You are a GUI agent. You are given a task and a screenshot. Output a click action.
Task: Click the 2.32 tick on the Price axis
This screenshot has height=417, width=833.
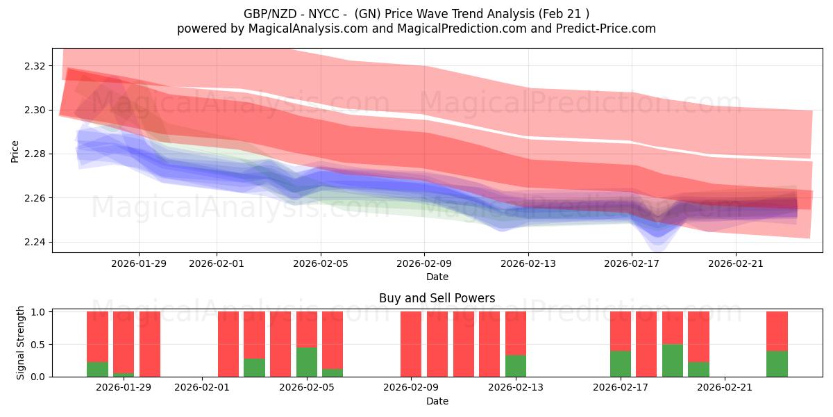[x=35, y=66]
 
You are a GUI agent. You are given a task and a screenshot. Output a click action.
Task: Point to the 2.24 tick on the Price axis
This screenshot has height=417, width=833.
[x=35, y=243]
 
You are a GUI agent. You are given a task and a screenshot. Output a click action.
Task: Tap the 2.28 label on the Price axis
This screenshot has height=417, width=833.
[x=35, y=154]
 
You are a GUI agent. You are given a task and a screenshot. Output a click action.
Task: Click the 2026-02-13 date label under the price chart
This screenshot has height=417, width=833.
[x=528, y=263]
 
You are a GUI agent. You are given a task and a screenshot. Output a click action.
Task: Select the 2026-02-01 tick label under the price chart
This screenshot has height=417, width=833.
[x=217, y=263]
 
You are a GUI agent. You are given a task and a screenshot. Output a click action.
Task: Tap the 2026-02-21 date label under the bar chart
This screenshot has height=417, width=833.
[x=725, y=388]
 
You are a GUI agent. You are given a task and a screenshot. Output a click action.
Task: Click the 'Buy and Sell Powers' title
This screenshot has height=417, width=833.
[x=437, y=298]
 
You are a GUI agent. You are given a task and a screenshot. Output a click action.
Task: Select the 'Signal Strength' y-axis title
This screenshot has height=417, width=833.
[x=21, y=343]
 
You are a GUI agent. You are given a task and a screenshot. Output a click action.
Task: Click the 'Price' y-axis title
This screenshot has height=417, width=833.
[x=15, y=151]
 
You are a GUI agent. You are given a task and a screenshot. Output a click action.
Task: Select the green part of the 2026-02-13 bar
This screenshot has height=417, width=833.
[x=515, y=366]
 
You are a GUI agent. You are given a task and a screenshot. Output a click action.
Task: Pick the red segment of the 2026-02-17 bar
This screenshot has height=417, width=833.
[x=621, y=331]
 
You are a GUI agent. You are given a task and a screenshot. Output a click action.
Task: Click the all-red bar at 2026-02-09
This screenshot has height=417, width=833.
[x=411, y=344]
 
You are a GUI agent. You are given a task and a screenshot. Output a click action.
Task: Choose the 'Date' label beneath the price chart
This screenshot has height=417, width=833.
[x=437, y=277]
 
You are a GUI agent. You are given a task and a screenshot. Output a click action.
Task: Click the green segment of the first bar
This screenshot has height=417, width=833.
[x=97, y=369]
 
